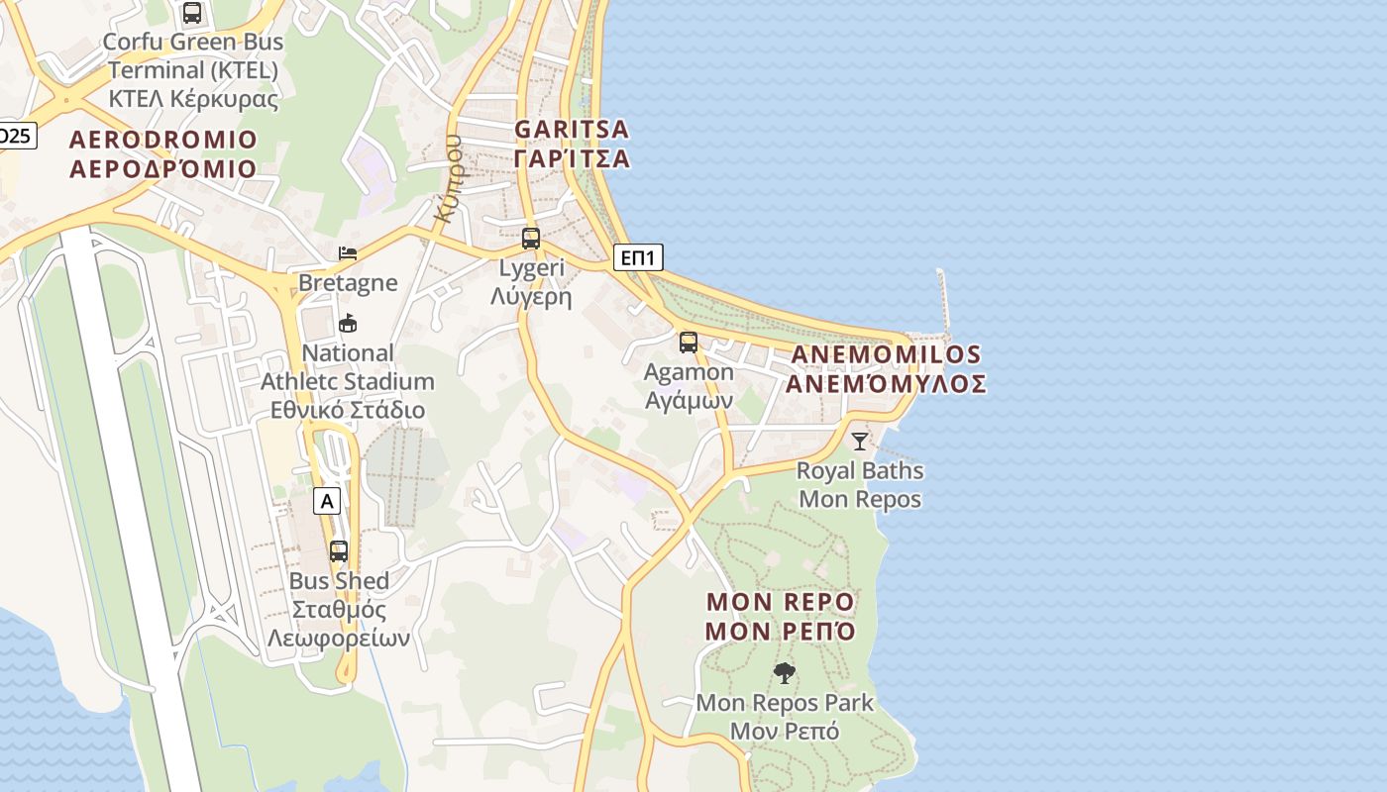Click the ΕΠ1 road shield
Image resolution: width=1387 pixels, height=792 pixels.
[x=638, y=258]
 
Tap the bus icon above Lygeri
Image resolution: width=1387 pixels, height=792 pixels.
[x=531, y=239]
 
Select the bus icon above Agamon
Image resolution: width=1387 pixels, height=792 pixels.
[x=689, y=343]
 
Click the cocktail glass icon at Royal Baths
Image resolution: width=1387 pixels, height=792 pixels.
[x=859, y=442]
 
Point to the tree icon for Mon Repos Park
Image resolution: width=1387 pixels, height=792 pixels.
[x=785, y=674]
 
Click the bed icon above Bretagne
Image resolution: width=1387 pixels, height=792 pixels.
[x=348, y=253]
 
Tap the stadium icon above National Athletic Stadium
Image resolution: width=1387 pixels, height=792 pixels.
[x=348, y=324]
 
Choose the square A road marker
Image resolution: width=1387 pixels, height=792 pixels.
[x=327, y=502]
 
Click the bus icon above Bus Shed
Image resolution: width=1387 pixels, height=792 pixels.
[x=339, y=551]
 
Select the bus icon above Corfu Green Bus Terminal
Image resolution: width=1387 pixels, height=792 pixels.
[x=192, y=13]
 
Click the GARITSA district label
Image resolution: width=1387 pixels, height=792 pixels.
[x=572, y=130]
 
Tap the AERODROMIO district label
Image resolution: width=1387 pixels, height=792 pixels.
[x=163, y=140]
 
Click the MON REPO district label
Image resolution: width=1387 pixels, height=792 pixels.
[x=780, y=602]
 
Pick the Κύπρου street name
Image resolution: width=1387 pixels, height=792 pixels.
[x=449, y=178]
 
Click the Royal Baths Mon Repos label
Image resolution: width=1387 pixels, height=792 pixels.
[x=860, y=485]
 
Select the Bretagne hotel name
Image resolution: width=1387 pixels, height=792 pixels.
[x=348, y=283]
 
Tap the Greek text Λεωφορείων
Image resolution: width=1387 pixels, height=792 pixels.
[x=338, y=639]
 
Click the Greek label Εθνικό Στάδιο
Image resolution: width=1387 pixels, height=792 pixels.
[x=348, y=410]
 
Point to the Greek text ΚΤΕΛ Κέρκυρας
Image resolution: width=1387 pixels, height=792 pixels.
[x=193, y=99]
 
